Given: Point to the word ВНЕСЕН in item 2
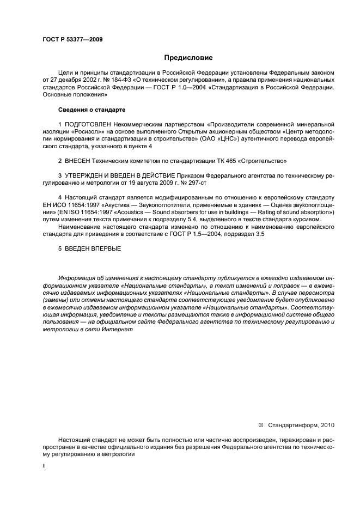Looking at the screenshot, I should coord(80,161).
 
